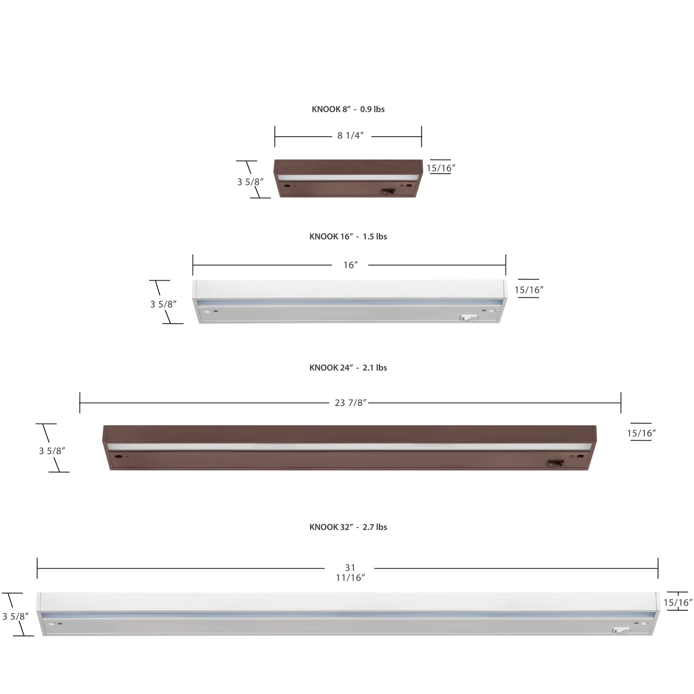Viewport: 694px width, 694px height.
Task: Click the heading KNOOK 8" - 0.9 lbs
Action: point(348,109)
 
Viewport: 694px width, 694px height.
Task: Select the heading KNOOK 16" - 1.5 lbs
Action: point(348,236)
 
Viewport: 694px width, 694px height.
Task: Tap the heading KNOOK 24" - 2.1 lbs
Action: point(348,367)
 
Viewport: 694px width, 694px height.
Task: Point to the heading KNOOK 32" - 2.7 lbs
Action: point(348,527)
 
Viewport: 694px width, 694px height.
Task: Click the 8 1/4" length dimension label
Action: point(351,136)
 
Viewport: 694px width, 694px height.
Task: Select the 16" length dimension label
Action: point(351,265)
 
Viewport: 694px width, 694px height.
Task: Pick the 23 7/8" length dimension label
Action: point(351,403)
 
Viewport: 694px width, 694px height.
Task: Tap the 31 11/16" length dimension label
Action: point(350,573)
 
